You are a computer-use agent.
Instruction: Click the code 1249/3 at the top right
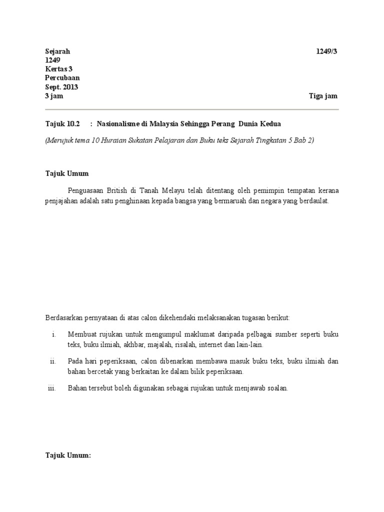click(x=327, y=51)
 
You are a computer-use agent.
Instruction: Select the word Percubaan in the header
click(x=62, y=78)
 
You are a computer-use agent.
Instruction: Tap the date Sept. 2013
click(x=61, y=87)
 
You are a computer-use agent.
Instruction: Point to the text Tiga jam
click(x=323, y=96)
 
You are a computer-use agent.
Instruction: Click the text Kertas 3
click(x=59, y=69)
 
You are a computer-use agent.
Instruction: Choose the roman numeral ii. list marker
click(x=52, y=361)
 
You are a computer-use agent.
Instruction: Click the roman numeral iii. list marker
click(x=51, y=388)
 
